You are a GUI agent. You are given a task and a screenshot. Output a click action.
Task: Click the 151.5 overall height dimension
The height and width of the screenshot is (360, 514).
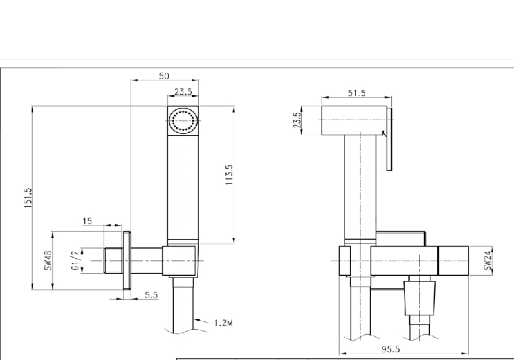click(x=27, y=198)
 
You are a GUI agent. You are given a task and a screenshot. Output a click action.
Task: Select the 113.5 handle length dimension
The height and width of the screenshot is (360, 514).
click(x=229, y=175)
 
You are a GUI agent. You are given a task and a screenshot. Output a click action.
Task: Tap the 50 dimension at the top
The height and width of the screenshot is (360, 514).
click(x=164, y=76)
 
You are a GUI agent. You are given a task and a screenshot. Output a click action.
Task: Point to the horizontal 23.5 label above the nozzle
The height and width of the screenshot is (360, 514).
click(x=183, y=91)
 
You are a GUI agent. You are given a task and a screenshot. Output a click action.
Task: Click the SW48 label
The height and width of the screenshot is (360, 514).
click(x=48, y=260)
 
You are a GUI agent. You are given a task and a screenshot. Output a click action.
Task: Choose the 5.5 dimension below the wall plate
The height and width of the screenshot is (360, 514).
click(x=151, y=295)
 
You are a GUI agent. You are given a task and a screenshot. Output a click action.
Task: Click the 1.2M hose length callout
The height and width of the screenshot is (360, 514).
click(x=224, y=323)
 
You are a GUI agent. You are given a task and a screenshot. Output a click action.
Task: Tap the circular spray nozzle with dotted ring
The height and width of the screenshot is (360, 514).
click(x=183, y=120)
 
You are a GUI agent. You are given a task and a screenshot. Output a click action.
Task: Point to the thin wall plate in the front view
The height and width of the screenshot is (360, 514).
click(x=127, y=260)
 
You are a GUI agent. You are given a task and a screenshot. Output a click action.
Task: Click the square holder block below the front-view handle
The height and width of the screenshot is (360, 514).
click(x=180, y=260)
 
